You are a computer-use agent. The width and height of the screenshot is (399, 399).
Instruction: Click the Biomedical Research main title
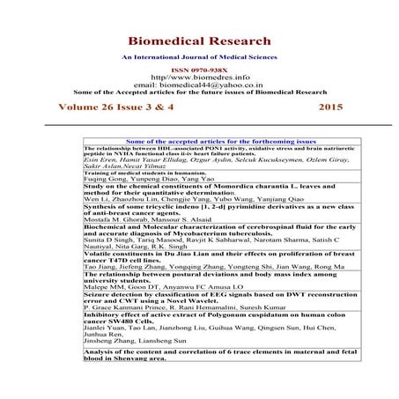click(199, 41)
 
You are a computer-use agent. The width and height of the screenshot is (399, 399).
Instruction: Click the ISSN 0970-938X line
click(199, 68)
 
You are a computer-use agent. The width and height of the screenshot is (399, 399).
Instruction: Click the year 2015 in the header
click(329, 107)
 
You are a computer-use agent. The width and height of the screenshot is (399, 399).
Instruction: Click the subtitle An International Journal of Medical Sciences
click(199, 57)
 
